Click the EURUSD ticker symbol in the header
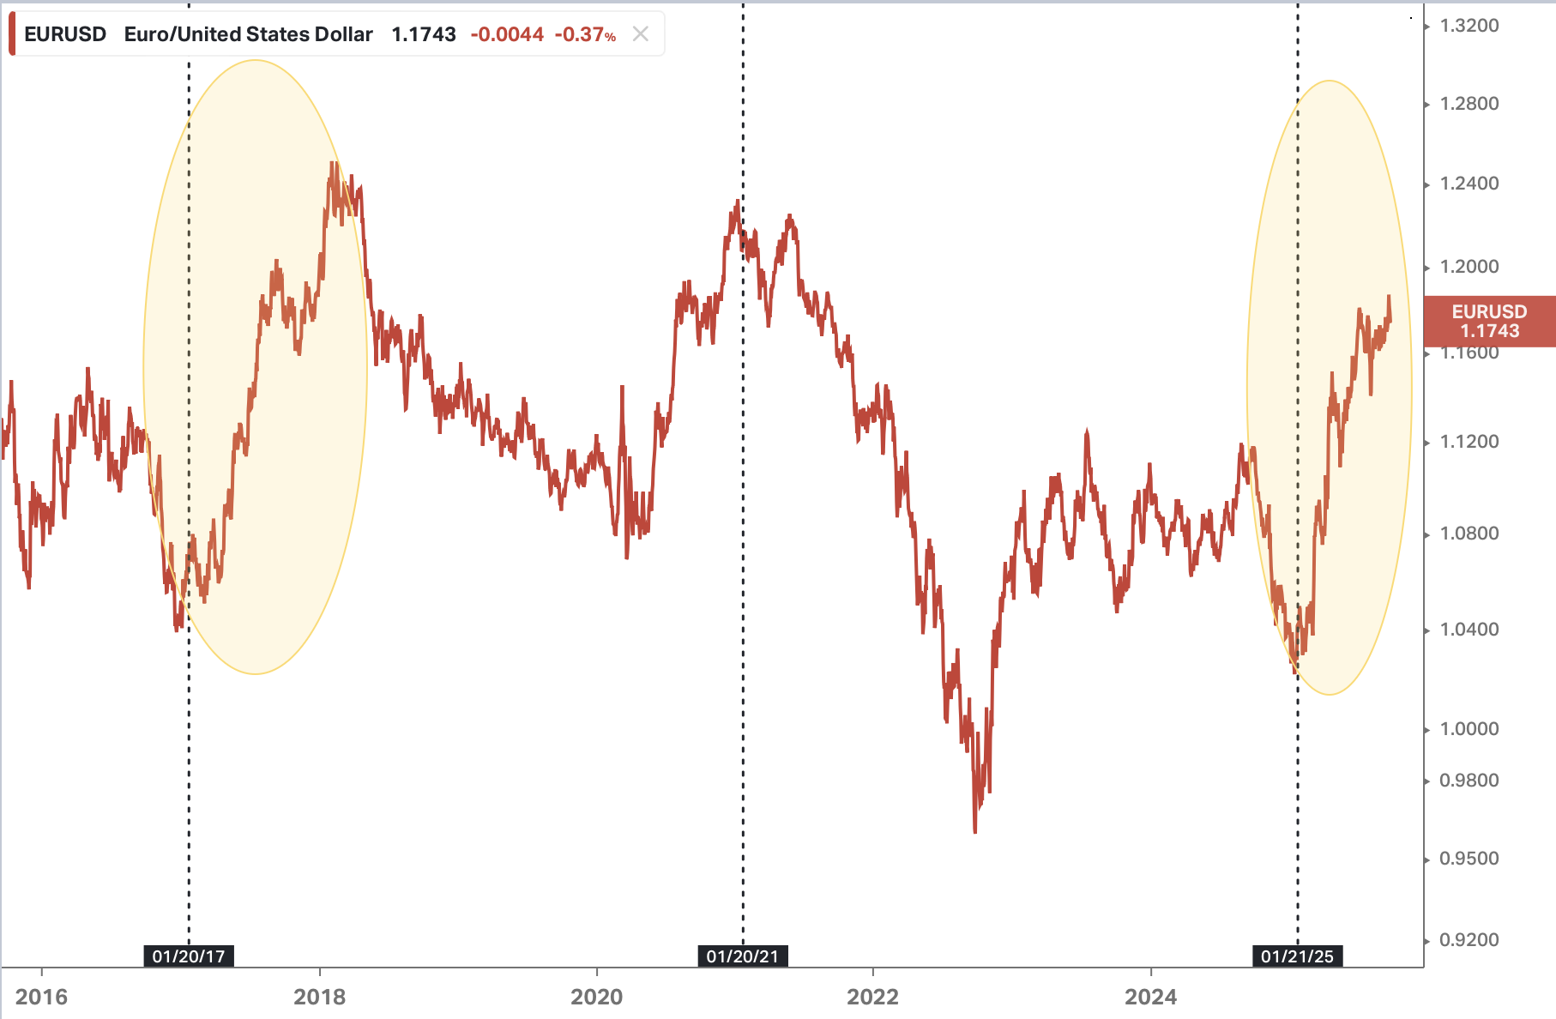click(65, 34)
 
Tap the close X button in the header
click(640, 34)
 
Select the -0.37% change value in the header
click(585, 34)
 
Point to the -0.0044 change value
click(507, 34)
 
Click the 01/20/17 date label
click(189, 956)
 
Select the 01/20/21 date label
click(743, 956)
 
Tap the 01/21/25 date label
click(1297, 956)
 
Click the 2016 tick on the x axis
click(41, 997)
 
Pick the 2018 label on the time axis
click(319, 997)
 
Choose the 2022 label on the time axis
click(872, 997)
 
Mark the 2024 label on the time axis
click(1150, 997)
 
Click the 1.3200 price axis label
click(1469, 26)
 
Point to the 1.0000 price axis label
click(1469, 729)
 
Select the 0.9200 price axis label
click(1469, 940)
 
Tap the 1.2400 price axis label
click(1469, 184)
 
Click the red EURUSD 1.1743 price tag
click(1489, 322)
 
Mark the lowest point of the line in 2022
click(975, 830)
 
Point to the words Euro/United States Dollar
click(249, 34)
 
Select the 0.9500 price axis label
click(1469, 859)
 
